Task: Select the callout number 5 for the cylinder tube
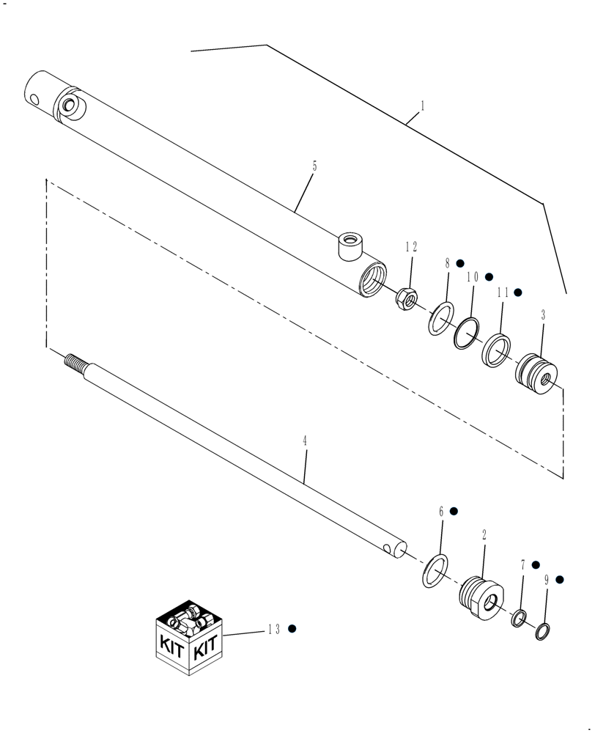click(314, 166)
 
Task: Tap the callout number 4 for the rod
click(304, 441)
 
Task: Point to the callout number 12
click(411, 247)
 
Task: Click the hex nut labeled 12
click(407, 298)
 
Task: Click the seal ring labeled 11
click(496, 350)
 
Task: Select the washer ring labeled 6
click(435, 570)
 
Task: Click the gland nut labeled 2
click(480, 595)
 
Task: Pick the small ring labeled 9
click(542, 630)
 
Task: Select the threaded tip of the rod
click(74, 361)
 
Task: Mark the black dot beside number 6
click(454, 510)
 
